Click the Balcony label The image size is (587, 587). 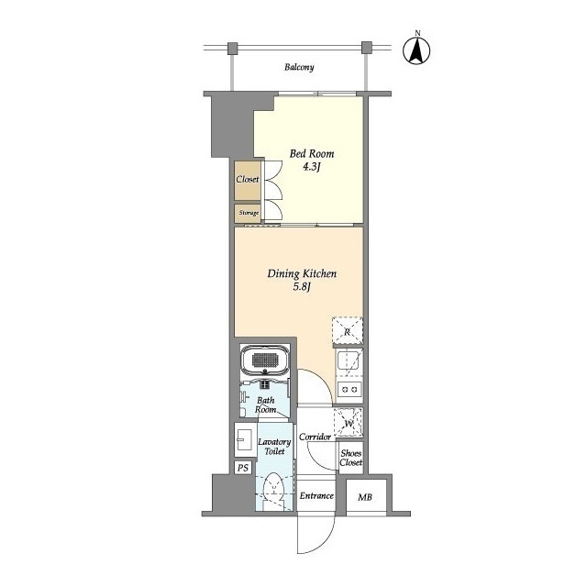point(299,67)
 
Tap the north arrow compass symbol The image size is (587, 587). point(416,50)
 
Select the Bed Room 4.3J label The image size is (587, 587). point(312,160)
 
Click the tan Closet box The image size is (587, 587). point(248,181)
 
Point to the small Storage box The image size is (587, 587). point(248,213)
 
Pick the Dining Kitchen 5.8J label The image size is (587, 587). point(302,280)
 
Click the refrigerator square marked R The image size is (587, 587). point(348,330)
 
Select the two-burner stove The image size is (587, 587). point(349,390)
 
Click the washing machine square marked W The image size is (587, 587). point(349,423)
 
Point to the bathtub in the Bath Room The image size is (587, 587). point(265,360)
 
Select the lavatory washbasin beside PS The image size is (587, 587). point(246,439)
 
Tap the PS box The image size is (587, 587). point(243,468)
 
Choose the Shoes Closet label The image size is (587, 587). point(351,458)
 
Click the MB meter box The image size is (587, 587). point(365,497)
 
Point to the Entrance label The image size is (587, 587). point(316,495)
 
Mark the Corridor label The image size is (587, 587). point(316,437)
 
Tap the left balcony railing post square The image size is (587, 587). point(233,48)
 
